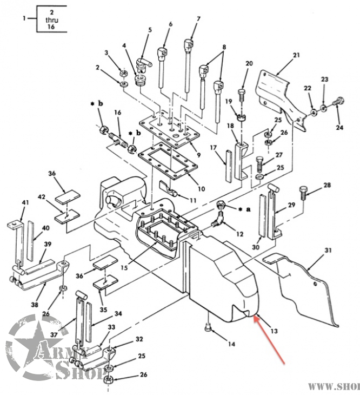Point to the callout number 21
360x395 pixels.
(x=296, y=55)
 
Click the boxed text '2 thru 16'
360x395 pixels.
(x=52, y=19)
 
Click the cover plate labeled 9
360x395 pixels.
(x=170, y=128)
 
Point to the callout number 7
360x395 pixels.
(x=198, y=19)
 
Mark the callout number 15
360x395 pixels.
(x=139, y=267)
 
